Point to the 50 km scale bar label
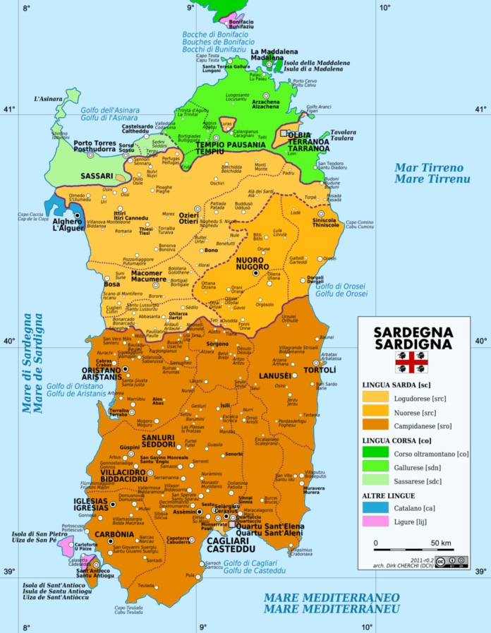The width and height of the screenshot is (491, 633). (x=441, y=543)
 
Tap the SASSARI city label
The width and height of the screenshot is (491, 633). (x=96, y=175)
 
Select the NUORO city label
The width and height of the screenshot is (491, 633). (x=247, y=260)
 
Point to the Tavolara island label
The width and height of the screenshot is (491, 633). (x=344, y=133)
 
